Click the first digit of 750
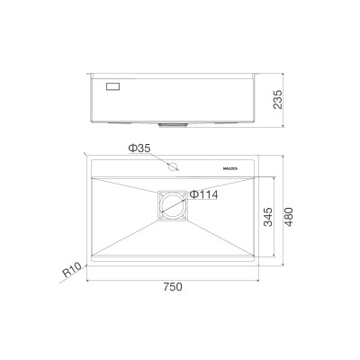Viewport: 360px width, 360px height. (x=166, y=287)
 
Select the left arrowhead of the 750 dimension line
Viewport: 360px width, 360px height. (x=88, y=278)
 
